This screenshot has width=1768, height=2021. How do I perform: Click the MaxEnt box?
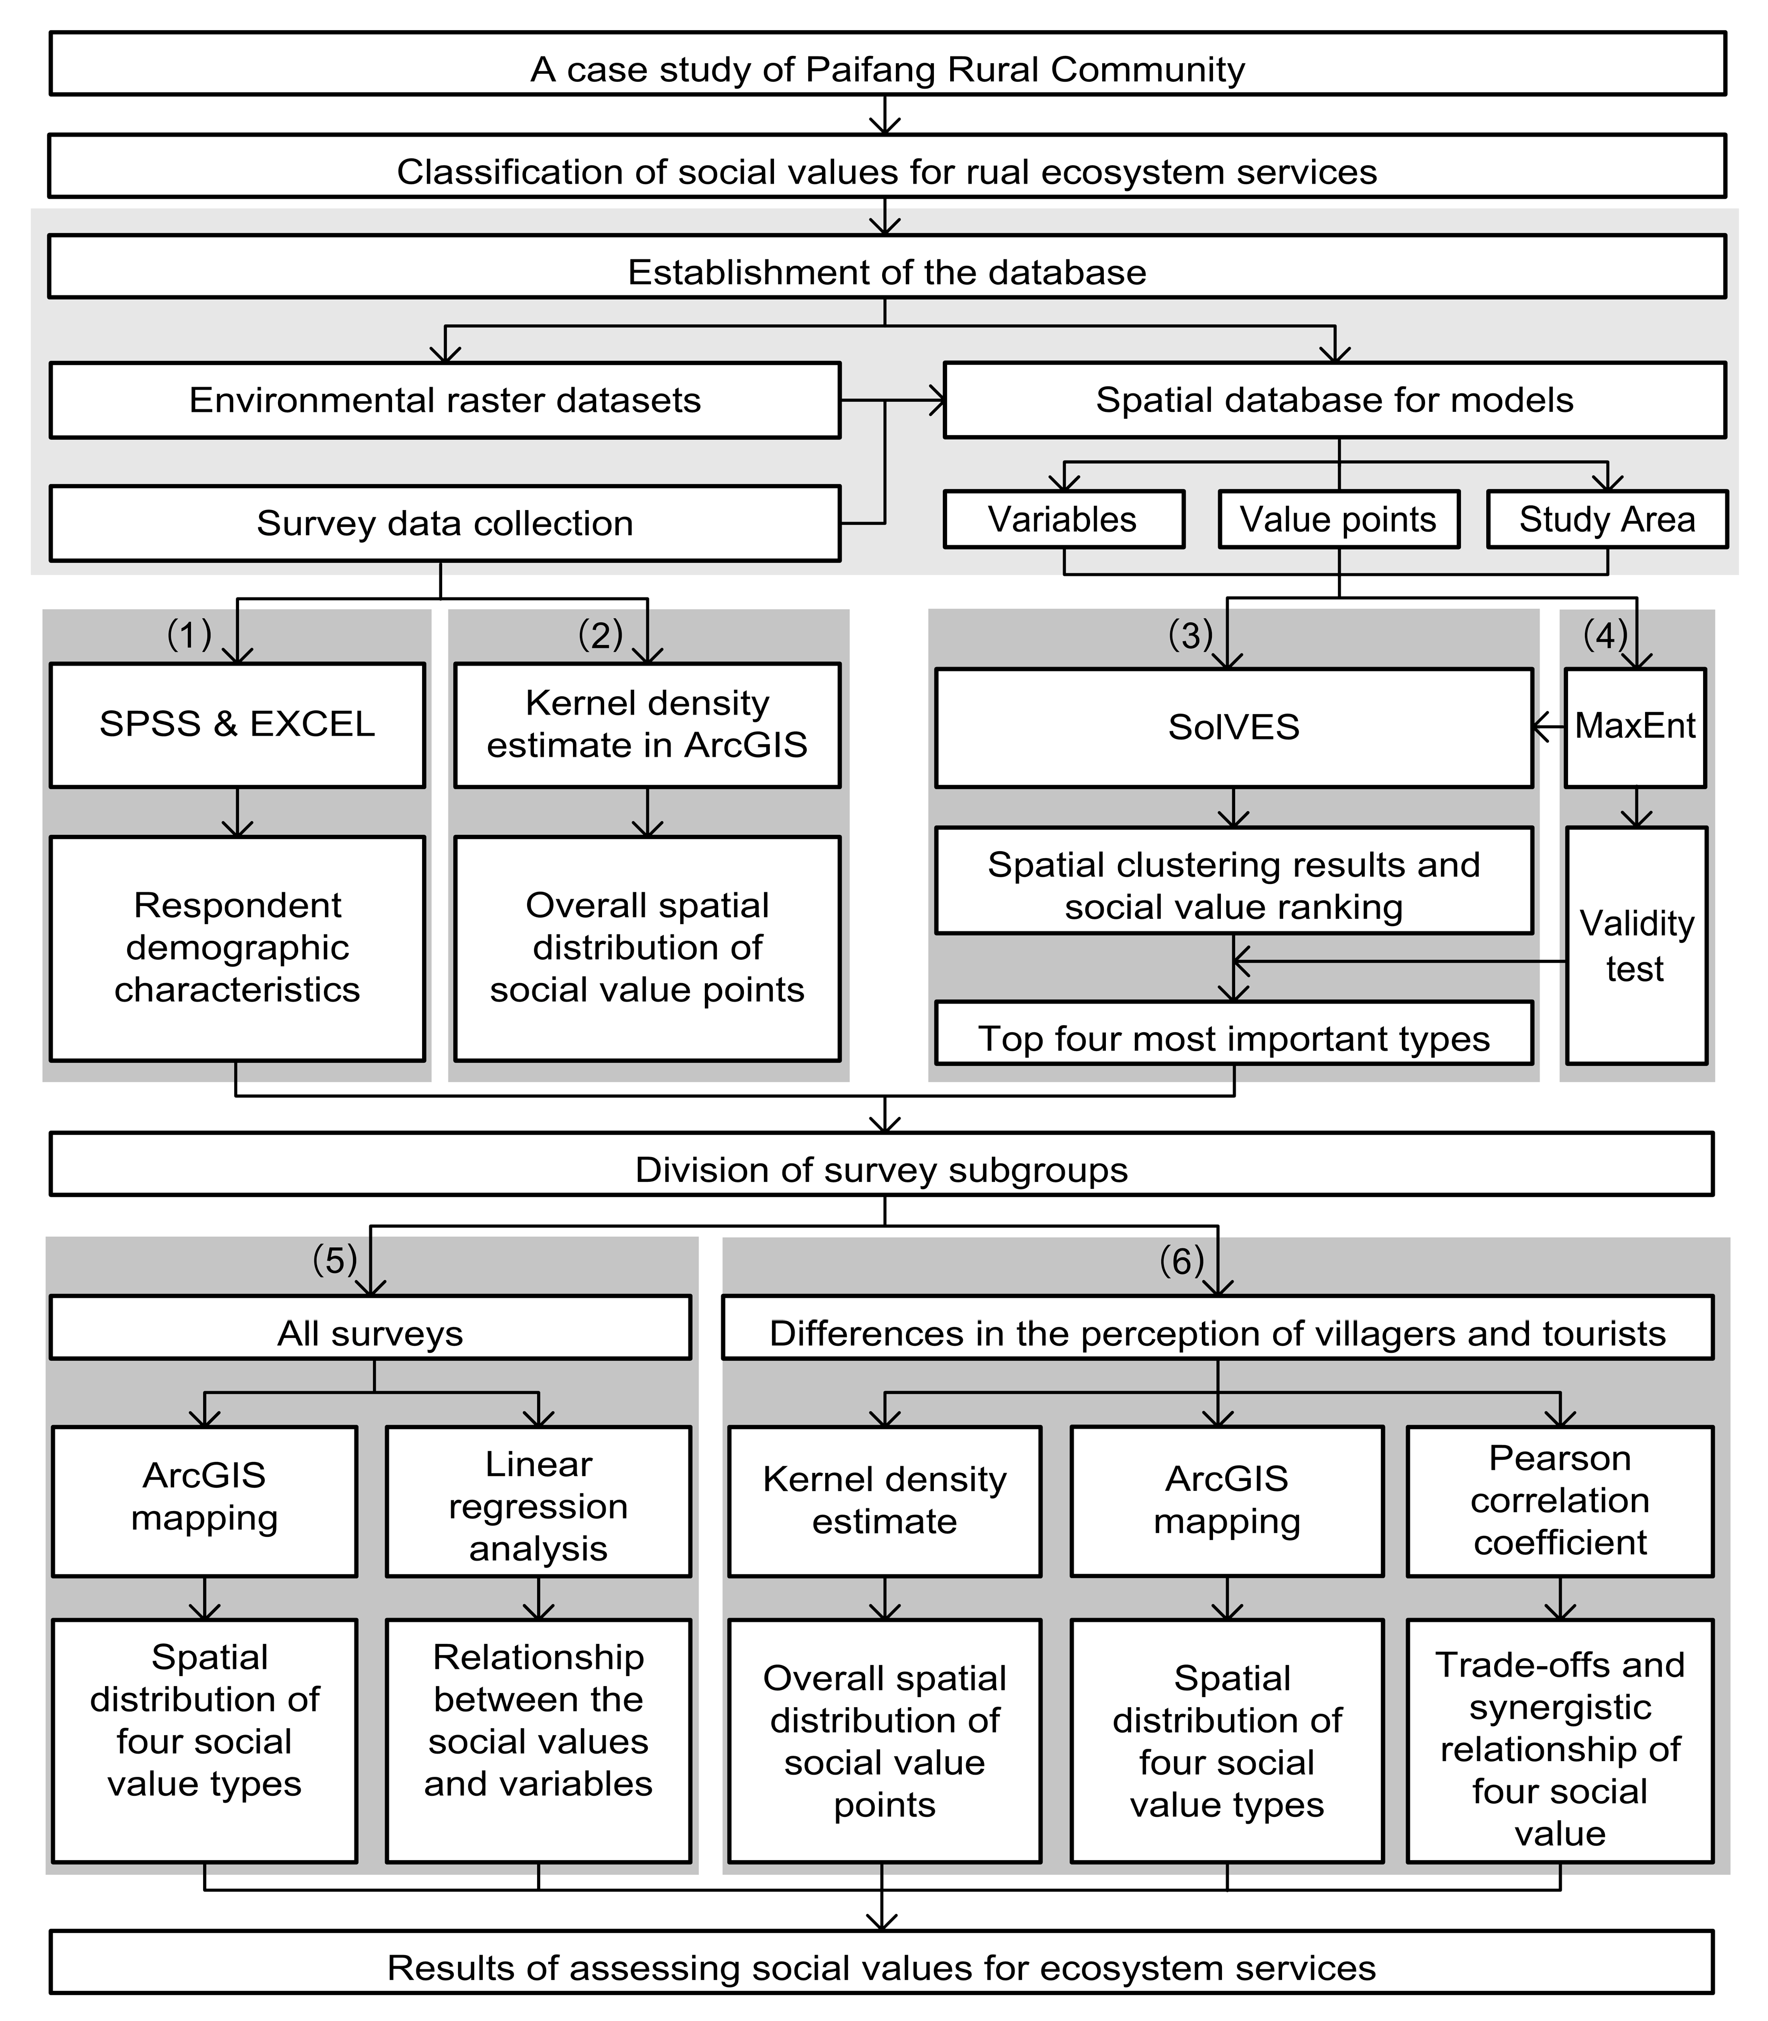pyautogui.click(x=1635, y=727)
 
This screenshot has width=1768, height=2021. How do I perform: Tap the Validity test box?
pyautogui.click(x=1636, y=945)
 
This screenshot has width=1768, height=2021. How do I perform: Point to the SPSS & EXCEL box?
pyautogui.click(x=237, y=725)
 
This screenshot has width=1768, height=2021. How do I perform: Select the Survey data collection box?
pyautogui.click(x=444, y=523)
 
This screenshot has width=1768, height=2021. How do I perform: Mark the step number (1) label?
pyautogui.click(x=188, y=634)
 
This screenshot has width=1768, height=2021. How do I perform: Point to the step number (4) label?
pyautogui.click(x=1604, y=634)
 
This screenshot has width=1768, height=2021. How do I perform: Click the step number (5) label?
pyautogui.click(x=335, y=1259)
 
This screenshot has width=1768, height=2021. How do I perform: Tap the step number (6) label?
pyautogui.click(x=1181, y=1259)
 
